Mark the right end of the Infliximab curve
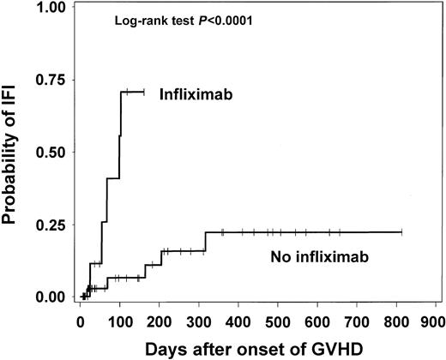(144, 91)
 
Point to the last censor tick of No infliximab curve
(401, 231)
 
